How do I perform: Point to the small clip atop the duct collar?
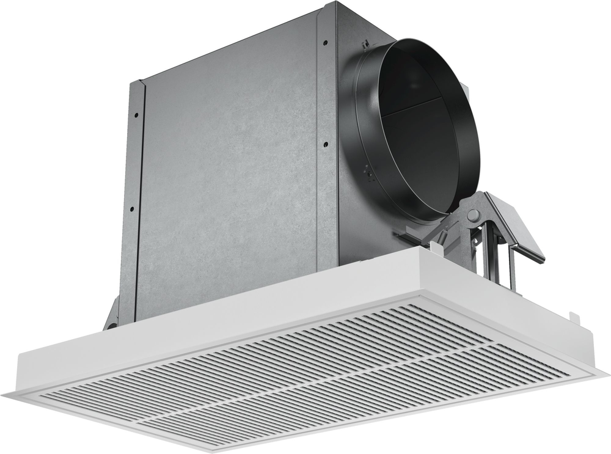(364, 44)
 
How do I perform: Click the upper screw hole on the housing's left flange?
(136, 114)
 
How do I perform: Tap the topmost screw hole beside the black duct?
(325, 43)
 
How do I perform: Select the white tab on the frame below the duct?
(436, 246)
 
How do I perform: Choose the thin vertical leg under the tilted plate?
(512, 269)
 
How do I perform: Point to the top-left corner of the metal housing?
(142, 81)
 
